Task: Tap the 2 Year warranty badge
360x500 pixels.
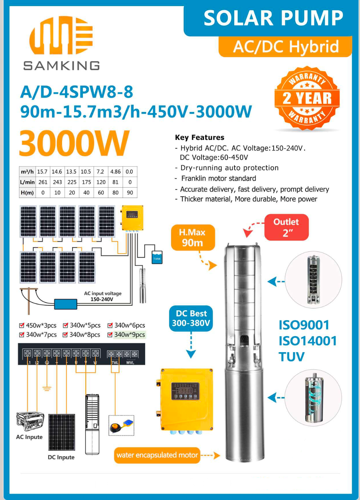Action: (x=307, y=98)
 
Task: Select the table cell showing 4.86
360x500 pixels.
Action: (x=115, y=172)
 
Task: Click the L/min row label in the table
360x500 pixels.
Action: (x=27, y=182)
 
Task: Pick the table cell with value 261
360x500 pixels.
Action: (x=43, y=182)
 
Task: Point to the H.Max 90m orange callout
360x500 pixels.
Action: (x=193, y=237)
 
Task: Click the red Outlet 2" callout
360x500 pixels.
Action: (x=286, y=227)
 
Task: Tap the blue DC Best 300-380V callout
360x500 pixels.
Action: (x=191, y=318)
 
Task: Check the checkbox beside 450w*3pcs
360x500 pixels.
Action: (x=22, y=326)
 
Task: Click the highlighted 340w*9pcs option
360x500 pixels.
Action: (x=129, y=335)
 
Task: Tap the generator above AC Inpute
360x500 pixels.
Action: (x=30, y=421)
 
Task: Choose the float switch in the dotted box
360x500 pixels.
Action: (x=121, y=426)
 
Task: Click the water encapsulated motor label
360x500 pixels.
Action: (x=157, y=455)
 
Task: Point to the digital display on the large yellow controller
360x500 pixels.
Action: (x=185, y=390)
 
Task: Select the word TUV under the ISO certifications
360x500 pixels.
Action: (x=292, y=357)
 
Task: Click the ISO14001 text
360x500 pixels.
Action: (x=308, y=341)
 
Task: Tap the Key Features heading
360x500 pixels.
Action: (x=199, y=137)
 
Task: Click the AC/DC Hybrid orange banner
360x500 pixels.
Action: (x=286, y=47)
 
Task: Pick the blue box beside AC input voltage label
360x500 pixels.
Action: (x=66, y=304)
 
